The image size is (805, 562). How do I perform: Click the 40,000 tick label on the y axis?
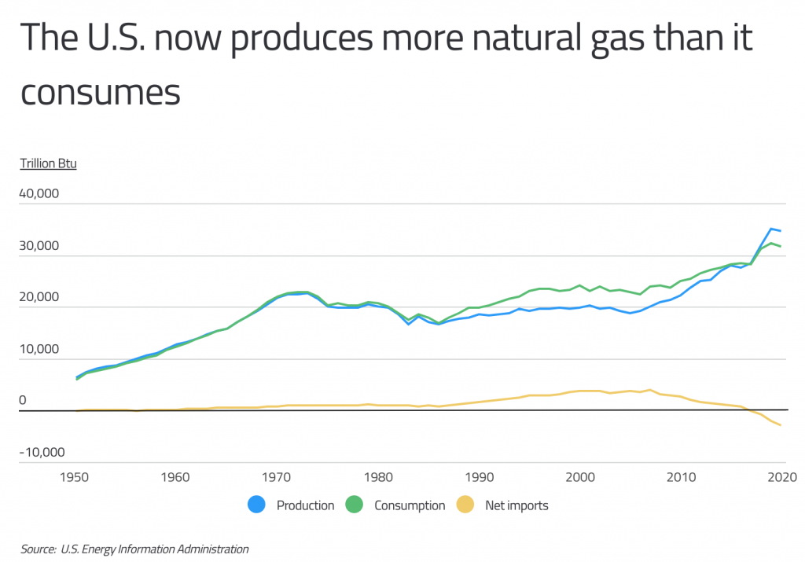[38, 193]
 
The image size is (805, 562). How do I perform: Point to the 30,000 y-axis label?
[38, 245]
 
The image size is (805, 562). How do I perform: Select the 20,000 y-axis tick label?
[38, 297]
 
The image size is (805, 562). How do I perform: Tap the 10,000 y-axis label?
[38, 349]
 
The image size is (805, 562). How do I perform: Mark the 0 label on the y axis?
[23, 401]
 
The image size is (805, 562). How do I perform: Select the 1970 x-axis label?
[277, 476]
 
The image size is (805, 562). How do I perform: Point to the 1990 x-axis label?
[479, 476]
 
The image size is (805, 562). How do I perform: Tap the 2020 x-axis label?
[781, 476]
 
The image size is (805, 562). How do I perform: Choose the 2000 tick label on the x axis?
[580, 476]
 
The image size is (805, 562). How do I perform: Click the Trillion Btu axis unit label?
[48, 164]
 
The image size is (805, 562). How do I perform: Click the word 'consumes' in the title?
[100, 92]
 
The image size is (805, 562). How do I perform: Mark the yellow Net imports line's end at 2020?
[781, 425]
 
